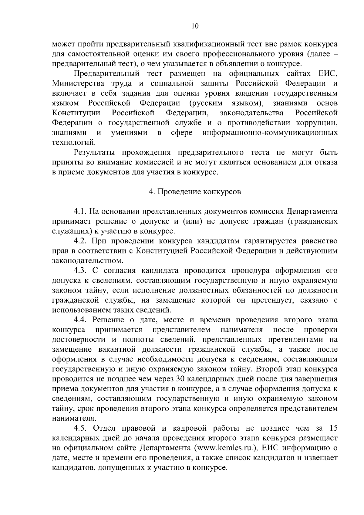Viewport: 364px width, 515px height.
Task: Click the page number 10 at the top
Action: click(195, 26)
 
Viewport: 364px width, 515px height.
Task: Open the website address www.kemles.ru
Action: click(227, 448)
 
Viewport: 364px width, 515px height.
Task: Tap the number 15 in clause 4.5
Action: click(333, 428)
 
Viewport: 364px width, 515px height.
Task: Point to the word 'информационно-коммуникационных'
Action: click(270, 133)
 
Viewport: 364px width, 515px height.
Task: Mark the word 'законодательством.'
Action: click(88, 261)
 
